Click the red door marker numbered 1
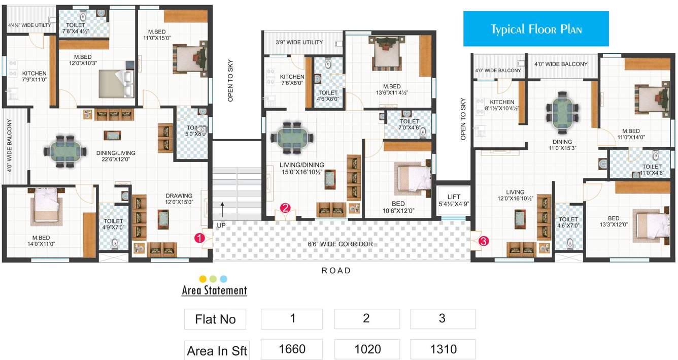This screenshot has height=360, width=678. pyautogui.click(x=201, y=237)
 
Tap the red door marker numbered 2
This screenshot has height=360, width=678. pyautogui.click(x=285, y=207)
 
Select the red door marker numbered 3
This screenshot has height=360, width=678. pyautogui.click(x=483, y=242)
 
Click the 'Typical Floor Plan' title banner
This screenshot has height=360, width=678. pyautogui.click(x=535, y=29)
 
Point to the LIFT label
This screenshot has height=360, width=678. pyautogui.click(x=454, y=197)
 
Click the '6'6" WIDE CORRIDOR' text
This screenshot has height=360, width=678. pyautogui.click(x=340, y=244)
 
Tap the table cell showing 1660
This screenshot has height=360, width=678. pyautogui.click(x=292, y=349)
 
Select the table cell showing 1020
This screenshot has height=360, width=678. pyautogui.click(x=366, y=349)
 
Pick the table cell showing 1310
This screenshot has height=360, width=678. pyautogui.click(x=442, y=349)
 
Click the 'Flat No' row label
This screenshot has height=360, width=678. pyautogui.click(x=215, y=319)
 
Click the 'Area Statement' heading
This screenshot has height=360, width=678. pyautogui.click(x=214, y=291)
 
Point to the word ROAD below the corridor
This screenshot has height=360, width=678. pyautogui.click(x=336, y=271)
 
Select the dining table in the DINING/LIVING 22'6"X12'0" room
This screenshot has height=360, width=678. pyautogui.click(x=63, y=151)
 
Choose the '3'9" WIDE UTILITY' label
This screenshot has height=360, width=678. pyautogui.click(x=299, y=42)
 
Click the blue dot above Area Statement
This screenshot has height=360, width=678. pyautogui.click(x=223, y=279)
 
